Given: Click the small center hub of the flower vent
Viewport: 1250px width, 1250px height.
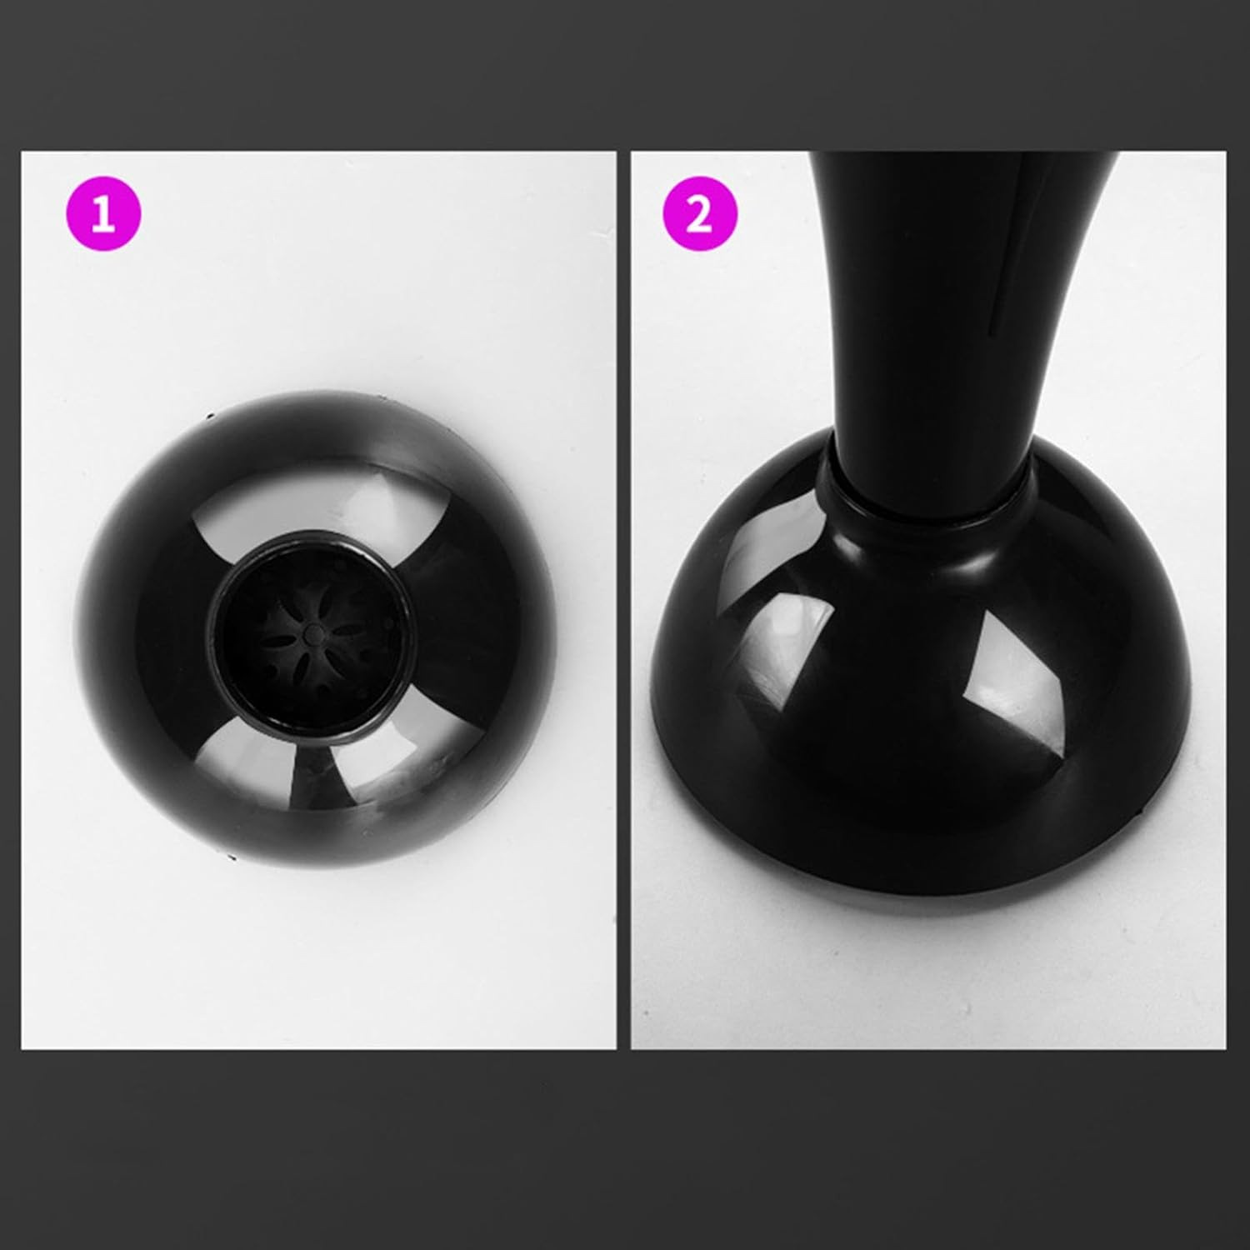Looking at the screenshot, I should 312,633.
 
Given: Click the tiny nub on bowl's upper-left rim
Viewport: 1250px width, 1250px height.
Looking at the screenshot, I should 209,415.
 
